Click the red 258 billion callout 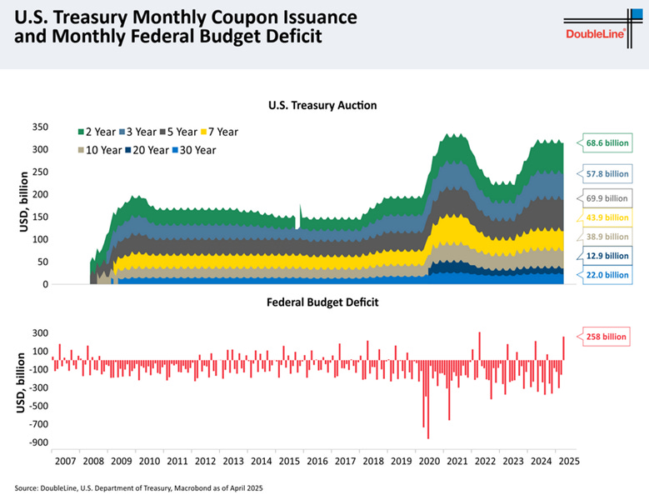coord(600,337)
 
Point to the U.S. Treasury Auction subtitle coord(322,106)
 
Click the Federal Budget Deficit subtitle coord(322,302)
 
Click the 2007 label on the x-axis coord(65,460)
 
